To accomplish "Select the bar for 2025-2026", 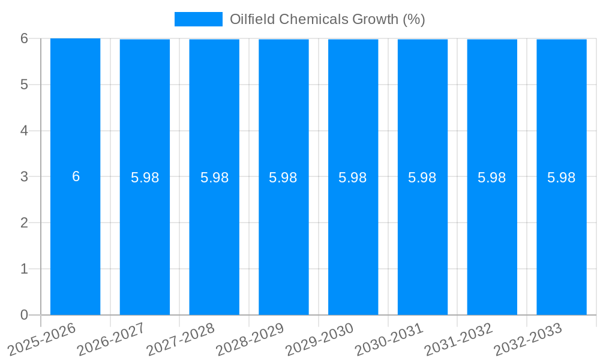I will [75, 240].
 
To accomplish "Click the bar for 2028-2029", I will [283, 240].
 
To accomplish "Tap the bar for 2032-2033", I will [561, 240].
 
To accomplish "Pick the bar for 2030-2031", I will [422, 240].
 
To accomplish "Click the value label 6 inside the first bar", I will [76, 176].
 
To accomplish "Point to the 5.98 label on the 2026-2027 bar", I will [145, 178].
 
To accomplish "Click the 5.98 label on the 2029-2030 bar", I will [353, 178].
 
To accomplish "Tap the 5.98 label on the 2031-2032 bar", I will [492, 178].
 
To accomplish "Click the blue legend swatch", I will [198, 19].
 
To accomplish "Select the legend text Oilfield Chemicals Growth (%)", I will [327, 19].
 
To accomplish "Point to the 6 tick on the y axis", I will [24, 38].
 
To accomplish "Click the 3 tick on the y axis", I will [24, 176].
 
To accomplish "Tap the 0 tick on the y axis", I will [24, 315].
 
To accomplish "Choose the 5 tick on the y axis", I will [24, 85].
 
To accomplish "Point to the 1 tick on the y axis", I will [24, 269].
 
